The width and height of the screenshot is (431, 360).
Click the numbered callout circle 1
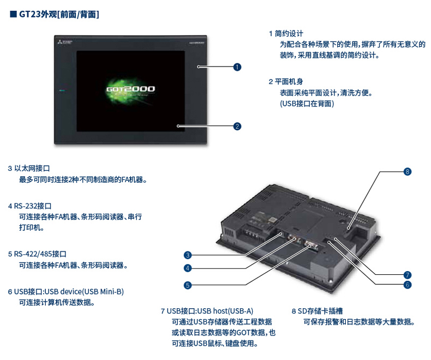click(x=237, y=67)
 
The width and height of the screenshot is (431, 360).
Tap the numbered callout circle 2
click(x=237, y=127)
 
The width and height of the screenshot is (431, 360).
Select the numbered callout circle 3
click(x=188, y=255)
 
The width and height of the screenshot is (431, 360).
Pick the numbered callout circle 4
click(x=188, y=268)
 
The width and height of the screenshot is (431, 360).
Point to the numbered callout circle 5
click(x=188, y=285)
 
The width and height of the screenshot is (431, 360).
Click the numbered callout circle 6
click(x=407, y=285)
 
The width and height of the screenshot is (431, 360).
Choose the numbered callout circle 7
click(x=407, y=275)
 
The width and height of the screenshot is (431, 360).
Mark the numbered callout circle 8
click(x=407, y=172)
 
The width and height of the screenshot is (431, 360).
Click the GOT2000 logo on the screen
click(x=130, y=89)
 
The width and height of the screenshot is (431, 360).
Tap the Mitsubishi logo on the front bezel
click(x=64, y=43)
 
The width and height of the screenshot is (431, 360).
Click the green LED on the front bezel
click(x=62, y=90)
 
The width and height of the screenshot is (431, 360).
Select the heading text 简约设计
click(x=289, y=33)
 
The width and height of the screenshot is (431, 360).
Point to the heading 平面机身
click(x=289, y=82)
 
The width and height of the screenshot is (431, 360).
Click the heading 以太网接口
click(x=32, y=169)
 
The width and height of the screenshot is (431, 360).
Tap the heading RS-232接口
click(x=33, y=206)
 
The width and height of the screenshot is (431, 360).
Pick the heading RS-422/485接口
click(x=40, y=254)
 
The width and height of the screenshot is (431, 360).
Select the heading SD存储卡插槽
click(x=320, y=311)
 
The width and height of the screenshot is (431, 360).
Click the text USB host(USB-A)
click(x=225, y=311)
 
